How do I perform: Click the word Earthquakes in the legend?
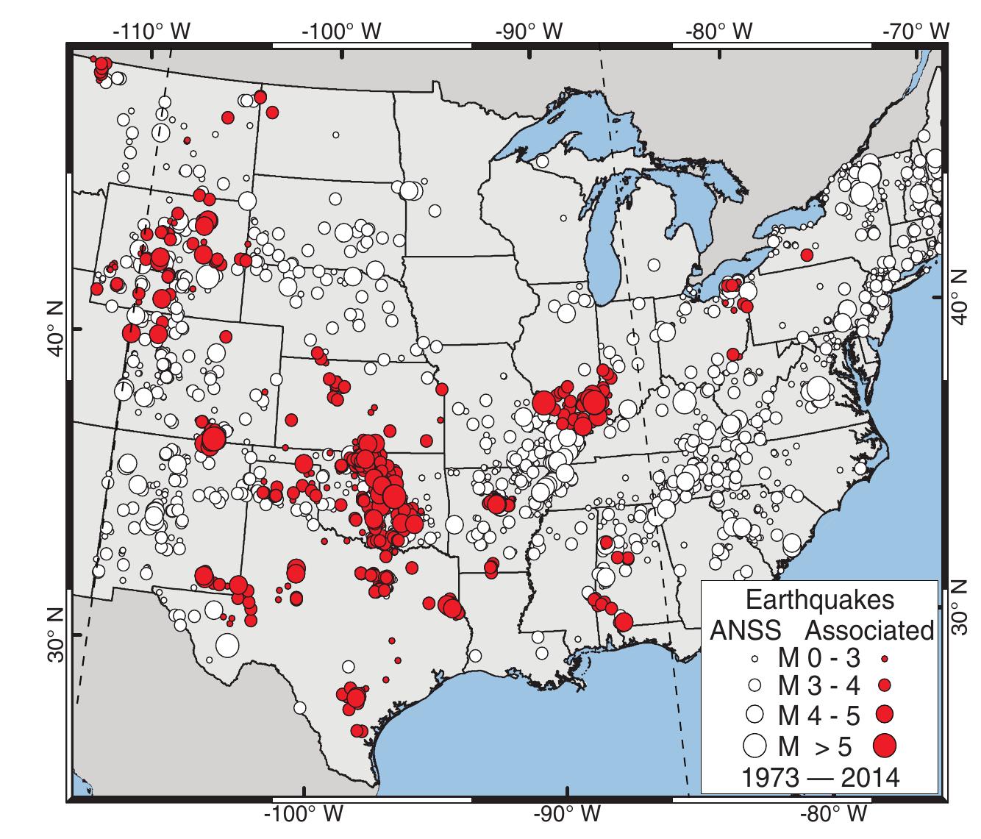click(x=820, y=599)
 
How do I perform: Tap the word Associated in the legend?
click(x=870, y=629)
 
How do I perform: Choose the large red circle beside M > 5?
click(x=885, y=745)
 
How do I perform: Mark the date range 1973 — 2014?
click(x=820, y=776)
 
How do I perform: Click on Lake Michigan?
click(x=604, y=243)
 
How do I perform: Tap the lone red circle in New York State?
click(x=807, y=255)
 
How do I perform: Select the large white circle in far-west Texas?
click(x=227, y=645)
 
